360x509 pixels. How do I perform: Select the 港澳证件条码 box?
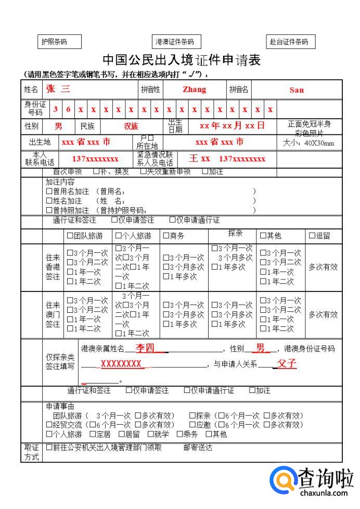click(175, 42)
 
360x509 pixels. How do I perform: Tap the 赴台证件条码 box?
click(289, 42)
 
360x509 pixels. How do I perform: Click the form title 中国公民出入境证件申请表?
click(182, 60)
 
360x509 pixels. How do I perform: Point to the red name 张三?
click(58, 89)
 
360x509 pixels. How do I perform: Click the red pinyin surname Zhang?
click(194, 90)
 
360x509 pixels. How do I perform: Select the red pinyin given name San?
click(297, 90)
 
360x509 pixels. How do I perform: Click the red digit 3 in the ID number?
click(56, 109)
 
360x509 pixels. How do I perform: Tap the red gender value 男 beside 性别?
click(58, 126)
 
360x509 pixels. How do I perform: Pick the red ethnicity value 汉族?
click(131, 126)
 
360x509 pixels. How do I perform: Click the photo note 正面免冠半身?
click(309, 124)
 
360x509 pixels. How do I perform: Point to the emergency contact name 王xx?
click(200, 158)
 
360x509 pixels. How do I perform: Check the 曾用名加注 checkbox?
click(49, 192)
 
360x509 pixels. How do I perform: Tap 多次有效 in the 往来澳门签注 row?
click(323, 314)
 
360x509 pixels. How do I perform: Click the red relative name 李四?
click(145, 348)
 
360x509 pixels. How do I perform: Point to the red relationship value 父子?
click(287, 364)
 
